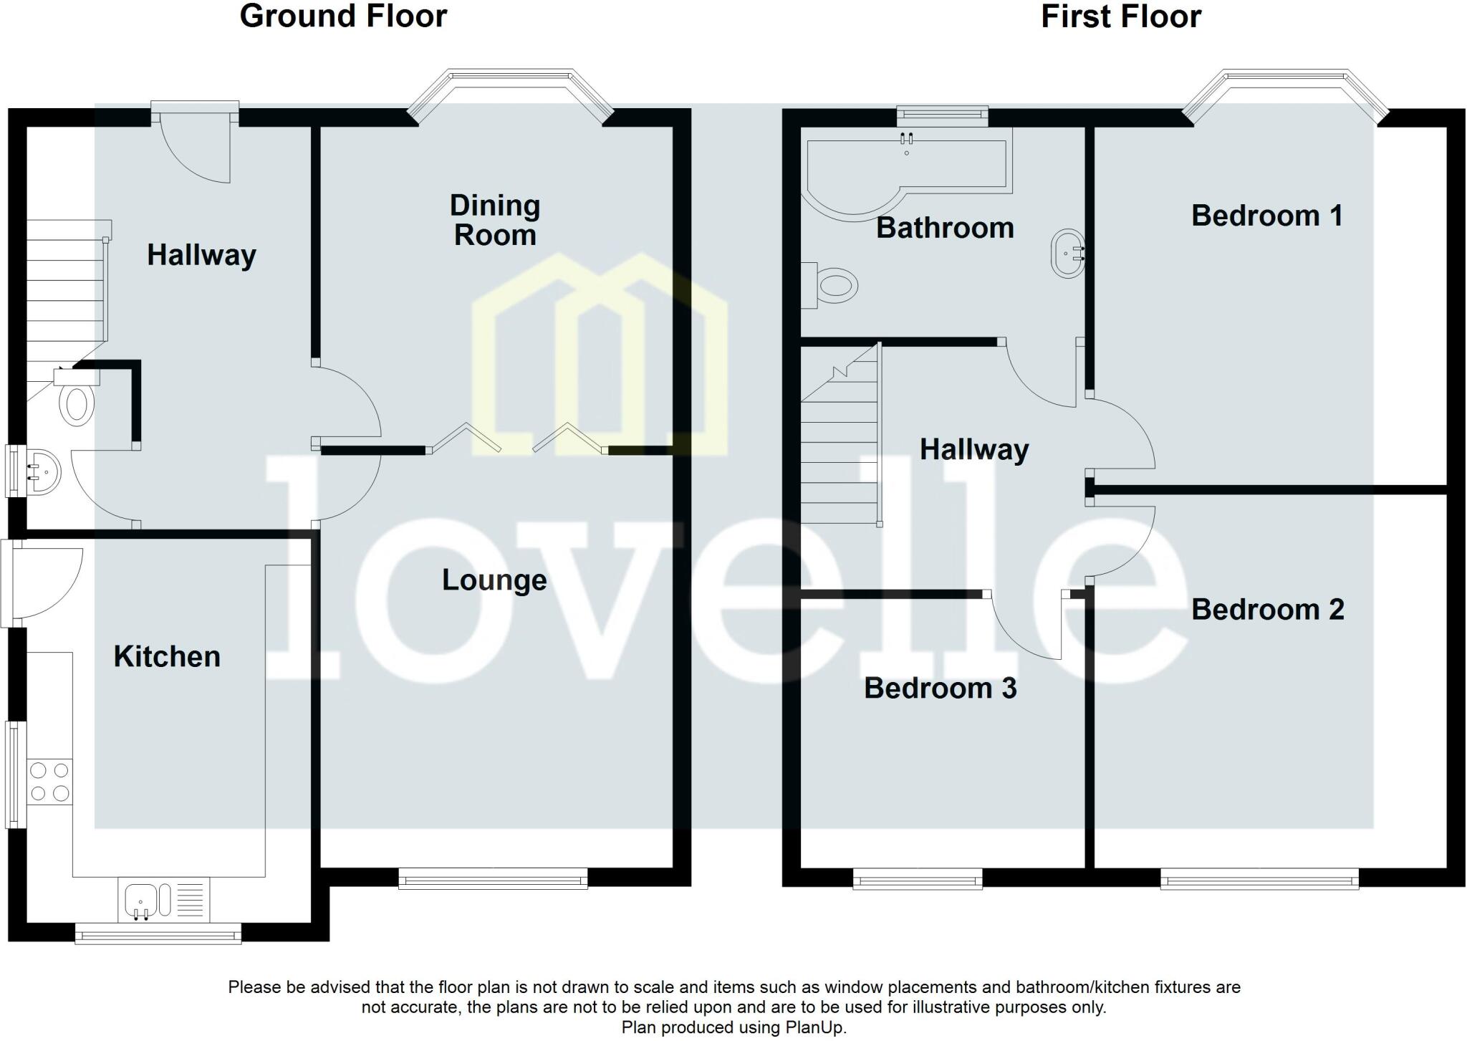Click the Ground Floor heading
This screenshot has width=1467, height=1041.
point(343,16)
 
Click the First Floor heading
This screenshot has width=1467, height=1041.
point(1120,16)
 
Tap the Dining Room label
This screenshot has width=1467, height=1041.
point(494,220)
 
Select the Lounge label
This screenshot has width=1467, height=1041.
point(494,580)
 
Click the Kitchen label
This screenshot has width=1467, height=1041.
point(167,656)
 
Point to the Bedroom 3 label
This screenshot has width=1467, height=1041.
point(940,688)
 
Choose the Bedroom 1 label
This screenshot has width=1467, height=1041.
point(1266,216)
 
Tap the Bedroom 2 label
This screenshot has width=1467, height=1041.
point(1267,610)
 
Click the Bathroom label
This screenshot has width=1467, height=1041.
point(945,228)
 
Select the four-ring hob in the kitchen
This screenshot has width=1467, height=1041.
point(49,782)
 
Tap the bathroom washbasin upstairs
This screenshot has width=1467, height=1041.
point(1067,253)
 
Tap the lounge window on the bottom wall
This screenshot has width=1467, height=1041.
point(493,878)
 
